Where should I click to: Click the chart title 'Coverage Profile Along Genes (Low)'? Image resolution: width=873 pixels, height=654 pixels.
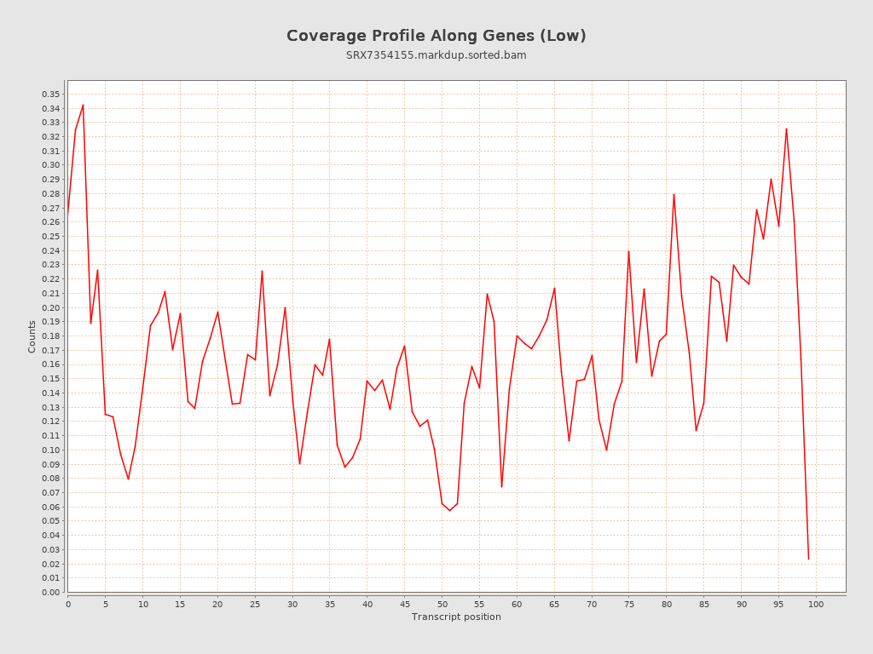[436, 36]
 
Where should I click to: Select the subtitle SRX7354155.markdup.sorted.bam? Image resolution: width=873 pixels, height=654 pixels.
[436, 55]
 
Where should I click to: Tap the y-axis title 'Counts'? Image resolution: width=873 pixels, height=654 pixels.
[32, 336]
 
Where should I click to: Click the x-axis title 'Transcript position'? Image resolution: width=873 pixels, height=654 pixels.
[456, 617]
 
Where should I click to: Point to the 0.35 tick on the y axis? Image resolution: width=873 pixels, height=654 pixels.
[50, 94]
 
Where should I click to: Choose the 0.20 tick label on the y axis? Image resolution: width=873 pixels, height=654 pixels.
[50, 307]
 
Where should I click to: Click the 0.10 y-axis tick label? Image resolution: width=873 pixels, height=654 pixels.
[50, 450]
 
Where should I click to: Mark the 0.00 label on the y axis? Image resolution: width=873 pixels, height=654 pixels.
[50, 592]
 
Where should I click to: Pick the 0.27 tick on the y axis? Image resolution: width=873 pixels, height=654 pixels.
[50, 208]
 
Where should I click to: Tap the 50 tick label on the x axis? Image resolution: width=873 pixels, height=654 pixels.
[442, 604]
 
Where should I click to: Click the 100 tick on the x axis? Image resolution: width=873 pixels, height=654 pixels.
[816, 604]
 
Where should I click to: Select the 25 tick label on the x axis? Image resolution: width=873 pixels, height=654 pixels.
[255, 604]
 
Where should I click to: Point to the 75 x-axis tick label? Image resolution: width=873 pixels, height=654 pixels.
[629, 604]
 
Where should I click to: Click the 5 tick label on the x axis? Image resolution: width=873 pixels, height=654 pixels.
[106, 604]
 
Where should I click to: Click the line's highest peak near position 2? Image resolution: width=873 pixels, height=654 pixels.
[83, 105]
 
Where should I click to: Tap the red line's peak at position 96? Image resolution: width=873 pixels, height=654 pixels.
[786, 129]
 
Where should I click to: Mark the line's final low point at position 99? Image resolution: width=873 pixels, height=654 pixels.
[808, 559]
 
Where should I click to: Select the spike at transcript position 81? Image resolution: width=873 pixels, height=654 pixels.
[674, 194]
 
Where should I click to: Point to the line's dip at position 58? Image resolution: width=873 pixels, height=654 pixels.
[501, 486]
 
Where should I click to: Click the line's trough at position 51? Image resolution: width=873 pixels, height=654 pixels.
[449, 510]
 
